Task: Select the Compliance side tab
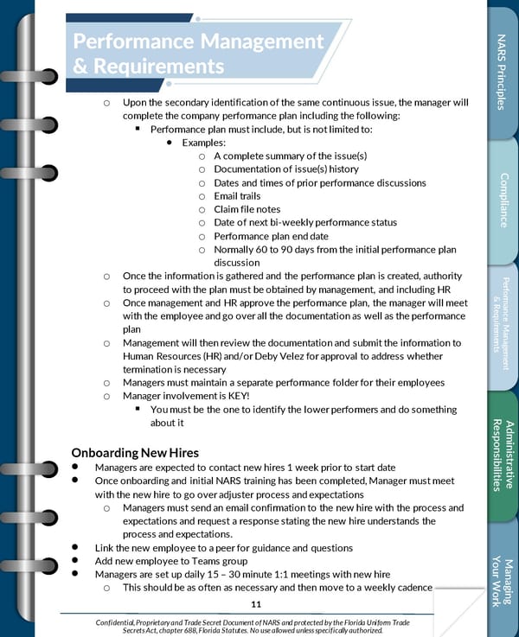pyautogui.click(x=503, y=200)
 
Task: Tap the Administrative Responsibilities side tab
pyautogui.click(x=503, y=455)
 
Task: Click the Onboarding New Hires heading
pyautogui.click(x=135, y=452)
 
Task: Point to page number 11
pyautogui.click(x=255, y=603)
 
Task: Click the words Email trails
pyautogui.click(x=237, y=196)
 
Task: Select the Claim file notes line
pyautogui.click(x=247, y=209)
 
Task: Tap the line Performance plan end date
pyautogui.click(x=271, y=236)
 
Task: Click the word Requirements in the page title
pyautogui.click(x=149, y=66)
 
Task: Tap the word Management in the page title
pyautogui.click(x=259, y=41)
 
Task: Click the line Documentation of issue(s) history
pyautogui.click(x=285, y=169)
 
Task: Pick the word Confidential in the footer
pyautogui.click(x=119, y=622)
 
